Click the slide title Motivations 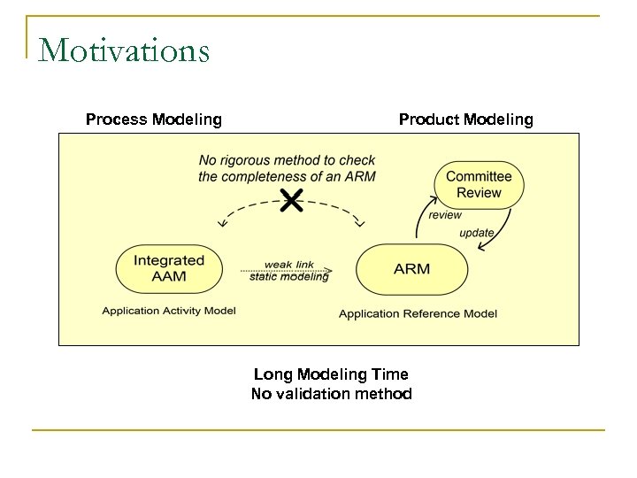[x=124, y=50]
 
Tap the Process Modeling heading [x=153, y=119]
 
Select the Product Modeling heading [x=465, y=119]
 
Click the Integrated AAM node [x=168, y=268]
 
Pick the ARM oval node [x=411, y=268]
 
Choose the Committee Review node [x=479, y=185]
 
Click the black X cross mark [x=290, y=202]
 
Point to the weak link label [x=290, y=264]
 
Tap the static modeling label [x=289, y=276]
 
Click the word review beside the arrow [x=445, y=214]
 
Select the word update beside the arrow [x=477, y=233]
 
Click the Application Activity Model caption [x=169, y=311]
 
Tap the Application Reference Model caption [x=418, y=313]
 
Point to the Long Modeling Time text [x=331, y=375]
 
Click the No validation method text [x=331, y=394]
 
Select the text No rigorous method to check [x=287, y=160]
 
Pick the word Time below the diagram [x=390, y=375]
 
